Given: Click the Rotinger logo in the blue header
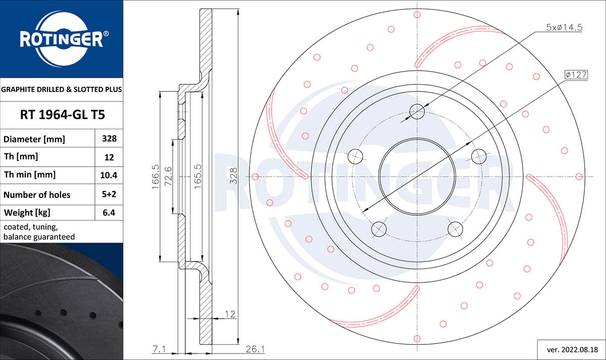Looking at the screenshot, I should pyautogui.click(x=62, y=38).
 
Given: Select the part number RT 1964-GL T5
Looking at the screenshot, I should pyautogui.click(x=62, y=115).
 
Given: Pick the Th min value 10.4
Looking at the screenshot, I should pyautogui.click(x=109, y=175).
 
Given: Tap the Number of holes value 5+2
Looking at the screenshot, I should pyautogui.click(x=109, y=194).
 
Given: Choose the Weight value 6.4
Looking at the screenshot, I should pyautogui.click(x=109, y=213).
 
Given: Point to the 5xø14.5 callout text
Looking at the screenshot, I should pyautogui.click(x=564, y=28).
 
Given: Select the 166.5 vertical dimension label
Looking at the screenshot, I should pyautogui.click(x=156, y=177).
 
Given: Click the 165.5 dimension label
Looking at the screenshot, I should pyautogui.click(x=198, y=177).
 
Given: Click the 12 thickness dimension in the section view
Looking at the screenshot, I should pyautogui.click(x=230, y=314).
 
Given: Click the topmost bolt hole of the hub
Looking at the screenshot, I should pyautogui.click(x=417, y=111).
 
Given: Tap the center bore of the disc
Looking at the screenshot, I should pyautogui.click(x=417, y=177).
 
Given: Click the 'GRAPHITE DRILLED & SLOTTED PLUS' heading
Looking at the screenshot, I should pyautogui.click(x=62, y=89).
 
